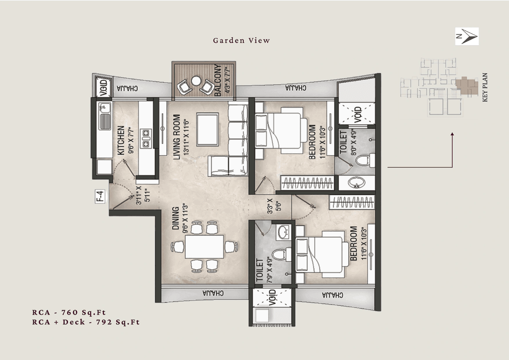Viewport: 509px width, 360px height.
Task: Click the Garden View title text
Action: click(241, 40)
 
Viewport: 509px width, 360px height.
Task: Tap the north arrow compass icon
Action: click(467, 36)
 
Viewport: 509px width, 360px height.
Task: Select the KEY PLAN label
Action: click(485, 87)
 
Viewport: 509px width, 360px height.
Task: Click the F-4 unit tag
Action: click(101, 197)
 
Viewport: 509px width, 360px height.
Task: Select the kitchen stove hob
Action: click(146, 137)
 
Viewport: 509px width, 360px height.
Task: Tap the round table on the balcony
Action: click(195, 80)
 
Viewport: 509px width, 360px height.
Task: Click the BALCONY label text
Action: click(218, 81)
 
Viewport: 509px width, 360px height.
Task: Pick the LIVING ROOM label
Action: click(177, 137)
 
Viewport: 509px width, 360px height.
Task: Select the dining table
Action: click(204, 247)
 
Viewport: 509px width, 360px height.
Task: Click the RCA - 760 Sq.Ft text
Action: click(69, 312)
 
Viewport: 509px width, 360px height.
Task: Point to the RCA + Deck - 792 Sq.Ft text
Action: click(86, 322)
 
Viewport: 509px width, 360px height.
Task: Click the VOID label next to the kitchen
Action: click(102, 88)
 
